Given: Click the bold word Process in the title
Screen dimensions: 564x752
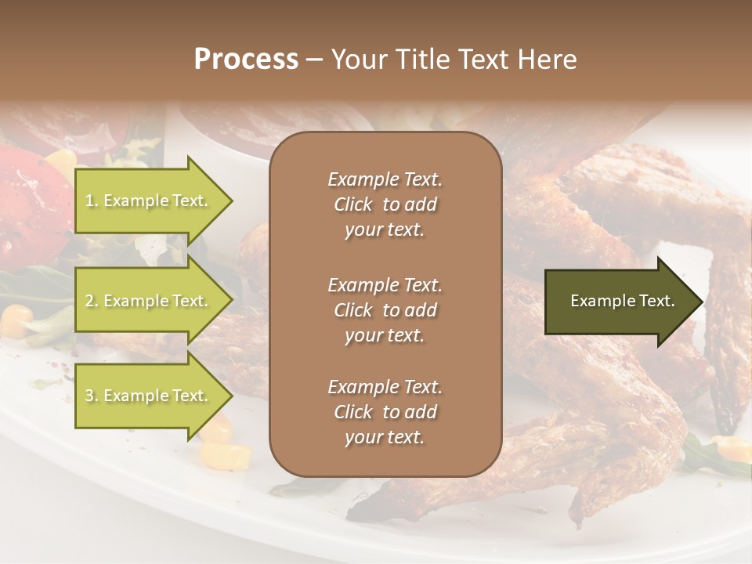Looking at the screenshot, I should point(246,60).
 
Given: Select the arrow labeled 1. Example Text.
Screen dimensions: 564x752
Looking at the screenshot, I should point(149,201).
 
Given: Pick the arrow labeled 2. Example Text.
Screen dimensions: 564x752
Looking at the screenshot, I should point(149,301).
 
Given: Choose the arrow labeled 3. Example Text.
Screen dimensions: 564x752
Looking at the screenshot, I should point(149,396).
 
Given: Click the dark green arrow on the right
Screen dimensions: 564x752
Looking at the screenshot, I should point(619,301).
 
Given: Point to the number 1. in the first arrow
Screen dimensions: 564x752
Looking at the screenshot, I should point(92,201).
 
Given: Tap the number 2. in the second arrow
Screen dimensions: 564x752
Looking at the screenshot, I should point(92,301).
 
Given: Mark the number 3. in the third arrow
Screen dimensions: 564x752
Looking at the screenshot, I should point(92,396).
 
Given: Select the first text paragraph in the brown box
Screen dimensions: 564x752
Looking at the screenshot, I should point(385,204).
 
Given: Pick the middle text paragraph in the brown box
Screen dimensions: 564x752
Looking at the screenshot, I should point(385,309).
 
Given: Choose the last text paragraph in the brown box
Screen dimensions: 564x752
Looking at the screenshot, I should point(385,412).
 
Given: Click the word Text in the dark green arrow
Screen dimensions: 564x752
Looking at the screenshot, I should point(657,301).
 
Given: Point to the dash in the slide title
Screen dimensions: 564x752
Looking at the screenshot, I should point(314,60).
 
